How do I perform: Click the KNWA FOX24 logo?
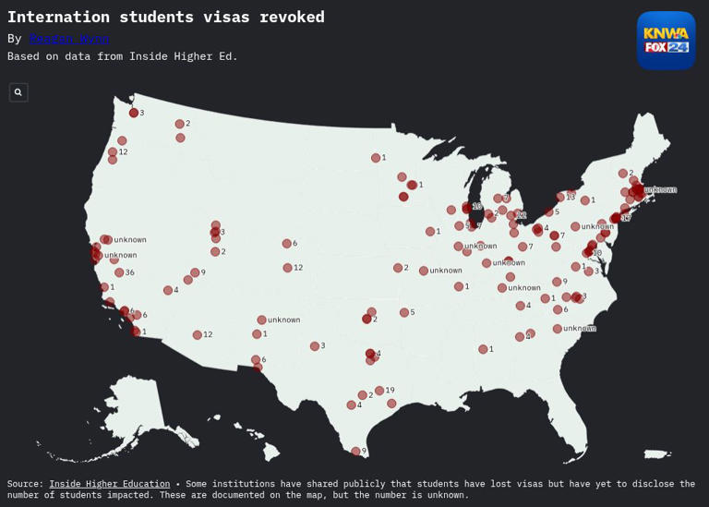pyautogui.click(x=666, y=40)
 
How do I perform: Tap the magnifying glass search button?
pyautogui.click(x=18, y=92)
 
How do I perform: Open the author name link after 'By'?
pyautogui.click(x=69, y=39)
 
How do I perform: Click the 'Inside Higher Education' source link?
pyautogui.click(x=109, y=484)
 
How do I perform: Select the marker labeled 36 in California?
pyautogui.click(x=119, y=272)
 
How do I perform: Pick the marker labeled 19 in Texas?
pyautogui.click(x=379, y=391)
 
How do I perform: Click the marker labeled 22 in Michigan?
pyautogui.click(x=511, y=215)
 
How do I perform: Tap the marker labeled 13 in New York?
pyautogui.click(x=560, y=197)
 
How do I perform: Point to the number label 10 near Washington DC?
pyautogui.click(x=597, y=253)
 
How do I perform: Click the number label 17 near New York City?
pyautogui.click(x=626, y=218)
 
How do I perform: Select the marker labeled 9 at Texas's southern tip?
pyautogui.click(x=355, y=451)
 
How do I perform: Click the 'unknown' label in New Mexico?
pyautogui.click(x=283, y=320)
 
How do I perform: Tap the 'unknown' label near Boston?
pyautogui.click(x=660, y=189)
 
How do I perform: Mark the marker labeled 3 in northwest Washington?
pyautogui.click(x=134, y=113)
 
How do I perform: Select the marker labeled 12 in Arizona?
pyautogui.click(x=198, y=335)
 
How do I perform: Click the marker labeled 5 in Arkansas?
pyautogui.click(x=404, y=312)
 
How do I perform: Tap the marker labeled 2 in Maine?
pyautogui.click(x=623, y=173)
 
